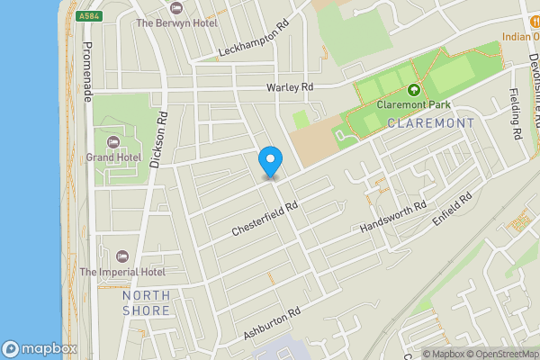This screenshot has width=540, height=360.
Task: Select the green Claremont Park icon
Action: pos(413,90)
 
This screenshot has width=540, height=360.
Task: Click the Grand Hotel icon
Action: pos(114,142)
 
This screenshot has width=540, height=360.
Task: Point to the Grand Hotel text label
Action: pos(113,157)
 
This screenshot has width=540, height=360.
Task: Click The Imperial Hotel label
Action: pos(122,272)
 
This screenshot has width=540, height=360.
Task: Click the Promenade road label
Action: pos(87,71)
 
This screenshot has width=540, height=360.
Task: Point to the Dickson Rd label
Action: pos(159,140)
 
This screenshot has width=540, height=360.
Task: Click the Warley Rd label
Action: pos(289,87)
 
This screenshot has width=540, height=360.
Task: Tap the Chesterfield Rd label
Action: pos(265,218)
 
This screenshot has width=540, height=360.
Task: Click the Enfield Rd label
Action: pos(453,208)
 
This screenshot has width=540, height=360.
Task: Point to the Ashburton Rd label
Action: pos(270,321)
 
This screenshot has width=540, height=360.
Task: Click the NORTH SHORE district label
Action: pos(146,302)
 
